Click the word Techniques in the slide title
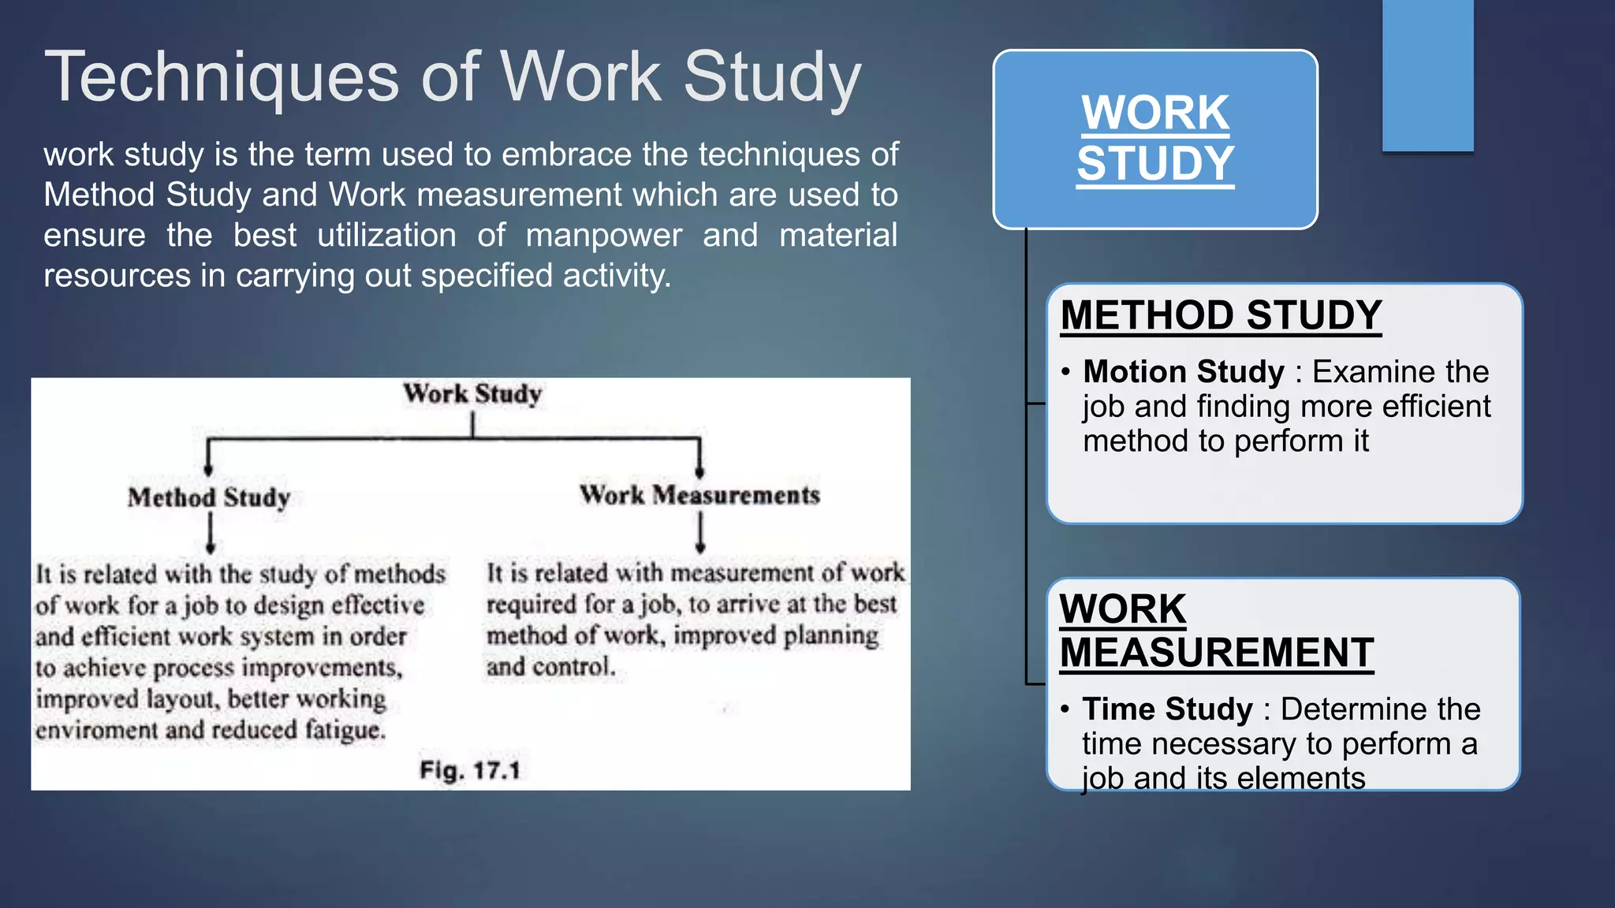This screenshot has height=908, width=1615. pos(222,77)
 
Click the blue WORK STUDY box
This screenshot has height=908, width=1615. pos(1154,139)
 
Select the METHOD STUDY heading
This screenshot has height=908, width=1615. pos(1221,315)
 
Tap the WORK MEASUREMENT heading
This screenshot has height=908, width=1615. pos(1216,631)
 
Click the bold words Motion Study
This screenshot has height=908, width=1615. pos(1184,371)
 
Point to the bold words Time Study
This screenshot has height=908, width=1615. pos(1167,709)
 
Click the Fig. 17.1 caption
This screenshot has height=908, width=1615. pos(470,769)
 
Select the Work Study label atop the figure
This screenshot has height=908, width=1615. pos(472,393)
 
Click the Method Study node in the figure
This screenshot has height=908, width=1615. pos(209,497)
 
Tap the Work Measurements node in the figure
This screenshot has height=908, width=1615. pos(699,495)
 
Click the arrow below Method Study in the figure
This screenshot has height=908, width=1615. pos(210,534)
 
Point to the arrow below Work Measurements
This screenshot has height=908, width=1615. pos(700,532)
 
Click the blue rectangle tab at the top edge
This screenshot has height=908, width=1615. pos(1427,75)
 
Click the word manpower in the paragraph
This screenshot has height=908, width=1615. pos(604,236)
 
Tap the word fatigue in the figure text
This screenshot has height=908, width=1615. pos(345,730)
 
